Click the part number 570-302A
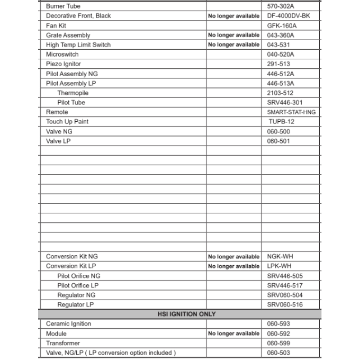tap(280, 6)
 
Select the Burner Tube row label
tap(63, 6)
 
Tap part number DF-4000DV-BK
tap(288, 16)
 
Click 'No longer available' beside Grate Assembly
tap(234, 35)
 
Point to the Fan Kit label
tap(56, 26)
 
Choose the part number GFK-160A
tap(282, 26)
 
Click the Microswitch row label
tap(62, 54)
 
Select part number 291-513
tap(278, 64)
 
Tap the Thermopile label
tap(73, 93)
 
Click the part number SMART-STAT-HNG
tap(291, 112)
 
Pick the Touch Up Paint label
tap(67, 122)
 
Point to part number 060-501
tap(278, 141)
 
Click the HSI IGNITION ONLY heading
tap(186, 314)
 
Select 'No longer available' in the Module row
tap(234, 334)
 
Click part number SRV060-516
tap(285, 305)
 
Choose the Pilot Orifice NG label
tap(78, 276)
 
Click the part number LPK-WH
tap(279, 266)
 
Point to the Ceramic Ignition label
tap(68, 324)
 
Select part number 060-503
tap(278, 353)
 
